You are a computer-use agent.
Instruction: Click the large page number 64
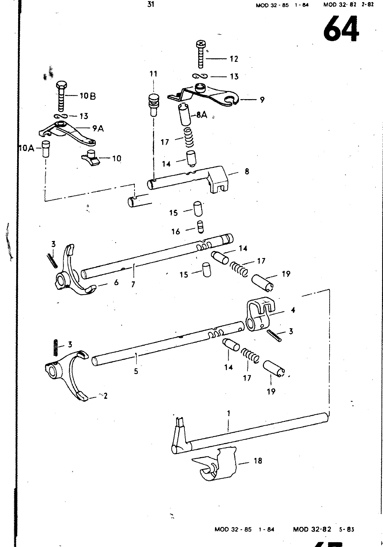tap(341, 29)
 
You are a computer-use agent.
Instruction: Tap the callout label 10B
tap(88, 96)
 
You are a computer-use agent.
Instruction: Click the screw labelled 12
tap(201, 54)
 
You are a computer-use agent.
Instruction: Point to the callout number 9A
tap(98, 128)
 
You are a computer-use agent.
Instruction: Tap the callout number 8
tap(247, 171)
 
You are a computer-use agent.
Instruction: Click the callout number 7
tap(133, 284)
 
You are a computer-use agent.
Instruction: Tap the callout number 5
tap(136, 371)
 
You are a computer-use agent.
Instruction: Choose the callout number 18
tap(258, 461)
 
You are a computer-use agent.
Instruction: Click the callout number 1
tap(229, 413)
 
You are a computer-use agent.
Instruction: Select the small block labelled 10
tap(90, 158)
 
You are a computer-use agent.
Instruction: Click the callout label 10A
tap(27, 148)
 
